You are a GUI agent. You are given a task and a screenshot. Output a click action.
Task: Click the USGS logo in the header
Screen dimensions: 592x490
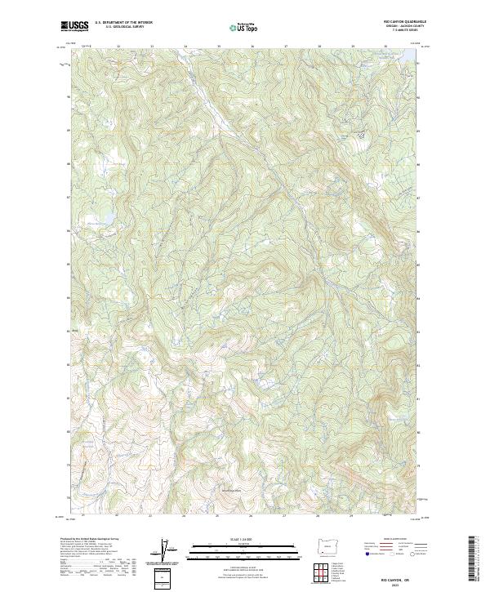(74, 27)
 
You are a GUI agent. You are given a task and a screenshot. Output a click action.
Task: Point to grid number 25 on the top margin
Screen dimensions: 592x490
(218, 47)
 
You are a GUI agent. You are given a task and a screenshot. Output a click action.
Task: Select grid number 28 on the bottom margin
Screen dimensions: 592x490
(318, 516)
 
